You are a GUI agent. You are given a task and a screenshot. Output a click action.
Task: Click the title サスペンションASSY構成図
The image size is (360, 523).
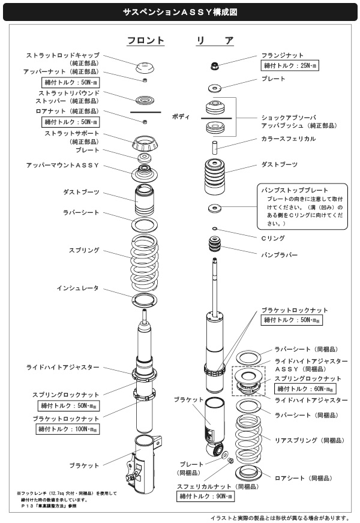(x=180, y=11)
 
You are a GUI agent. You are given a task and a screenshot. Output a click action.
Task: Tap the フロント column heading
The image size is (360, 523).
(x=145, y=41)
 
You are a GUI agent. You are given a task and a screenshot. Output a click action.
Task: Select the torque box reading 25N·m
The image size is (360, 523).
(x=290, y=65)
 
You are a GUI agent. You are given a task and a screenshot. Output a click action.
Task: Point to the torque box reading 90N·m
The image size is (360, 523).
(x=205, y=497)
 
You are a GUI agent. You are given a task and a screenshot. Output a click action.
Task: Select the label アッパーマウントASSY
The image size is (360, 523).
(x=62, y=164)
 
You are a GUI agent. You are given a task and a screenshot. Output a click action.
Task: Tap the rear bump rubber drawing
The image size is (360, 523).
(x=215, y=246)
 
